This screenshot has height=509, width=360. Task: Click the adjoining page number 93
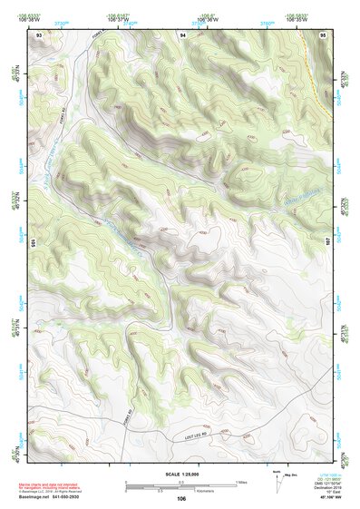pos(39,34)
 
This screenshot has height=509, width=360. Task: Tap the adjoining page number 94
pos(183,34)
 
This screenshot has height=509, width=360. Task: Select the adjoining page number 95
pos(324,34)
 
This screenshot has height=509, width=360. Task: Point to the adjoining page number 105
pos(31,243)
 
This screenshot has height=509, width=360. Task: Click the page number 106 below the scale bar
pos(181,498)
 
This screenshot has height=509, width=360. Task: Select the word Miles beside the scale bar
pos(241,482)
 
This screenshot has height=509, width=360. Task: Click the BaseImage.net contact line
pos(54,496)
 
